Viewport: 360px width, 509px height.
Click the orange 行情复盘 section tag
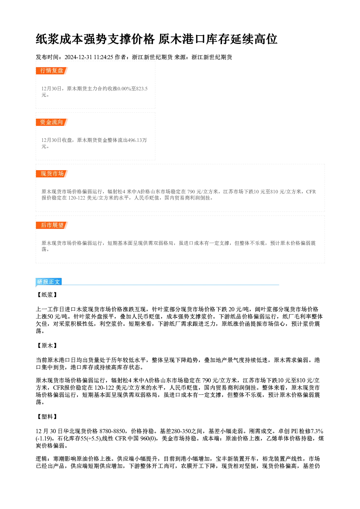[x=52, y=71]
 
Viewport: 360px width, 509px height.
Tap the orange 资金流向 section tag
[x=52, y=122]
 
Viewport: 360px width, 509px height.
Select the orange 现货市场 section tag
[x=52, y=174]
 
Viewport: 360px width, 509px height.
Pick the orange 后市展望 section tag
[x=52, y=225]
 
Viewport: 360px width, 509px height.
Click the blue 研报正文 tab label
[x=49, y=282]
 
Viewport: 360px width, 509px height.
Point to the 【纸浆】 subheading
[x=47, y=295]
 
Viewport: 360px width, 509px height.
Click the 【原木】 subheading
[x=47, y=346]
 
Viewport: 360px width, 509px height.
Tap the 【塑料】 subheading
[x=47, y=417]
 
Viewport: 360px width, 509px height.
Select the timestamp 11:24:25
[x=103, y=57]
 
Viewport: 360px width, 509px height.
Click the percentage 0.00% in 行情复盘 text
[x=124, y=89]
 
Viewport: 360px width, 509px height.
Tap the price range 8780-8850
[x=112, y=431]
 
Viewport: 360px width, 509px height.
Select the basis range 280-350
[x=181, y=431]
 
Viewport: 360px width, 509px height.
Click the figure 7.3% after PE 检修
[x=317, y=431]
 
